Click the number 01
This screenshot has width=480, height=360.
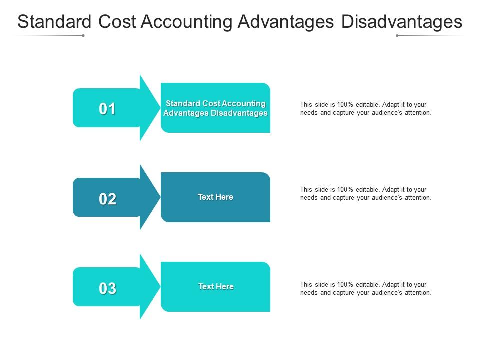pos(107,109)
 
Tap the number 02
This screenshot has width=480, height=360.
pos(107,199)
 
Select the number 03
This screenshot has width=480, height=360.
pos(107,288)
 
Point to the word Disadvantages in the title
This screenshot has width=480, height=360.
pos(402,22)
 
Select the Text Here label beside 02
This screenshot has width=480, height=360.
pos(215,197)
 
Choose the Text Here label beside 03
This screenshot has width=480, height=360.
pos(216,287)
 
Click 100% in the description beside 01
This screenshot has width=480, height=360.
pos(345,105)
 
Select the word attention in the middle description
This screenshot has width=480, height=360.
pos(417,198)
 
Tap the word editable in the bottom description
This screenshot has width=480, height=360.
pos(368,285)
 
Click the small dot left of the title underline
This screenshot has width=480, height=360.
pos(83,36)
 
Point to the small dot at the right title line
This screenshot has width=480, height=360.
pos(397,36)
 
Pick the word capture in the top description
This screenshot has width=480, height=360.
pos(342,113)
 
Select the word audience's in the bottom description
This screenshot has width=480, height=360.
pos(385,293)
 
